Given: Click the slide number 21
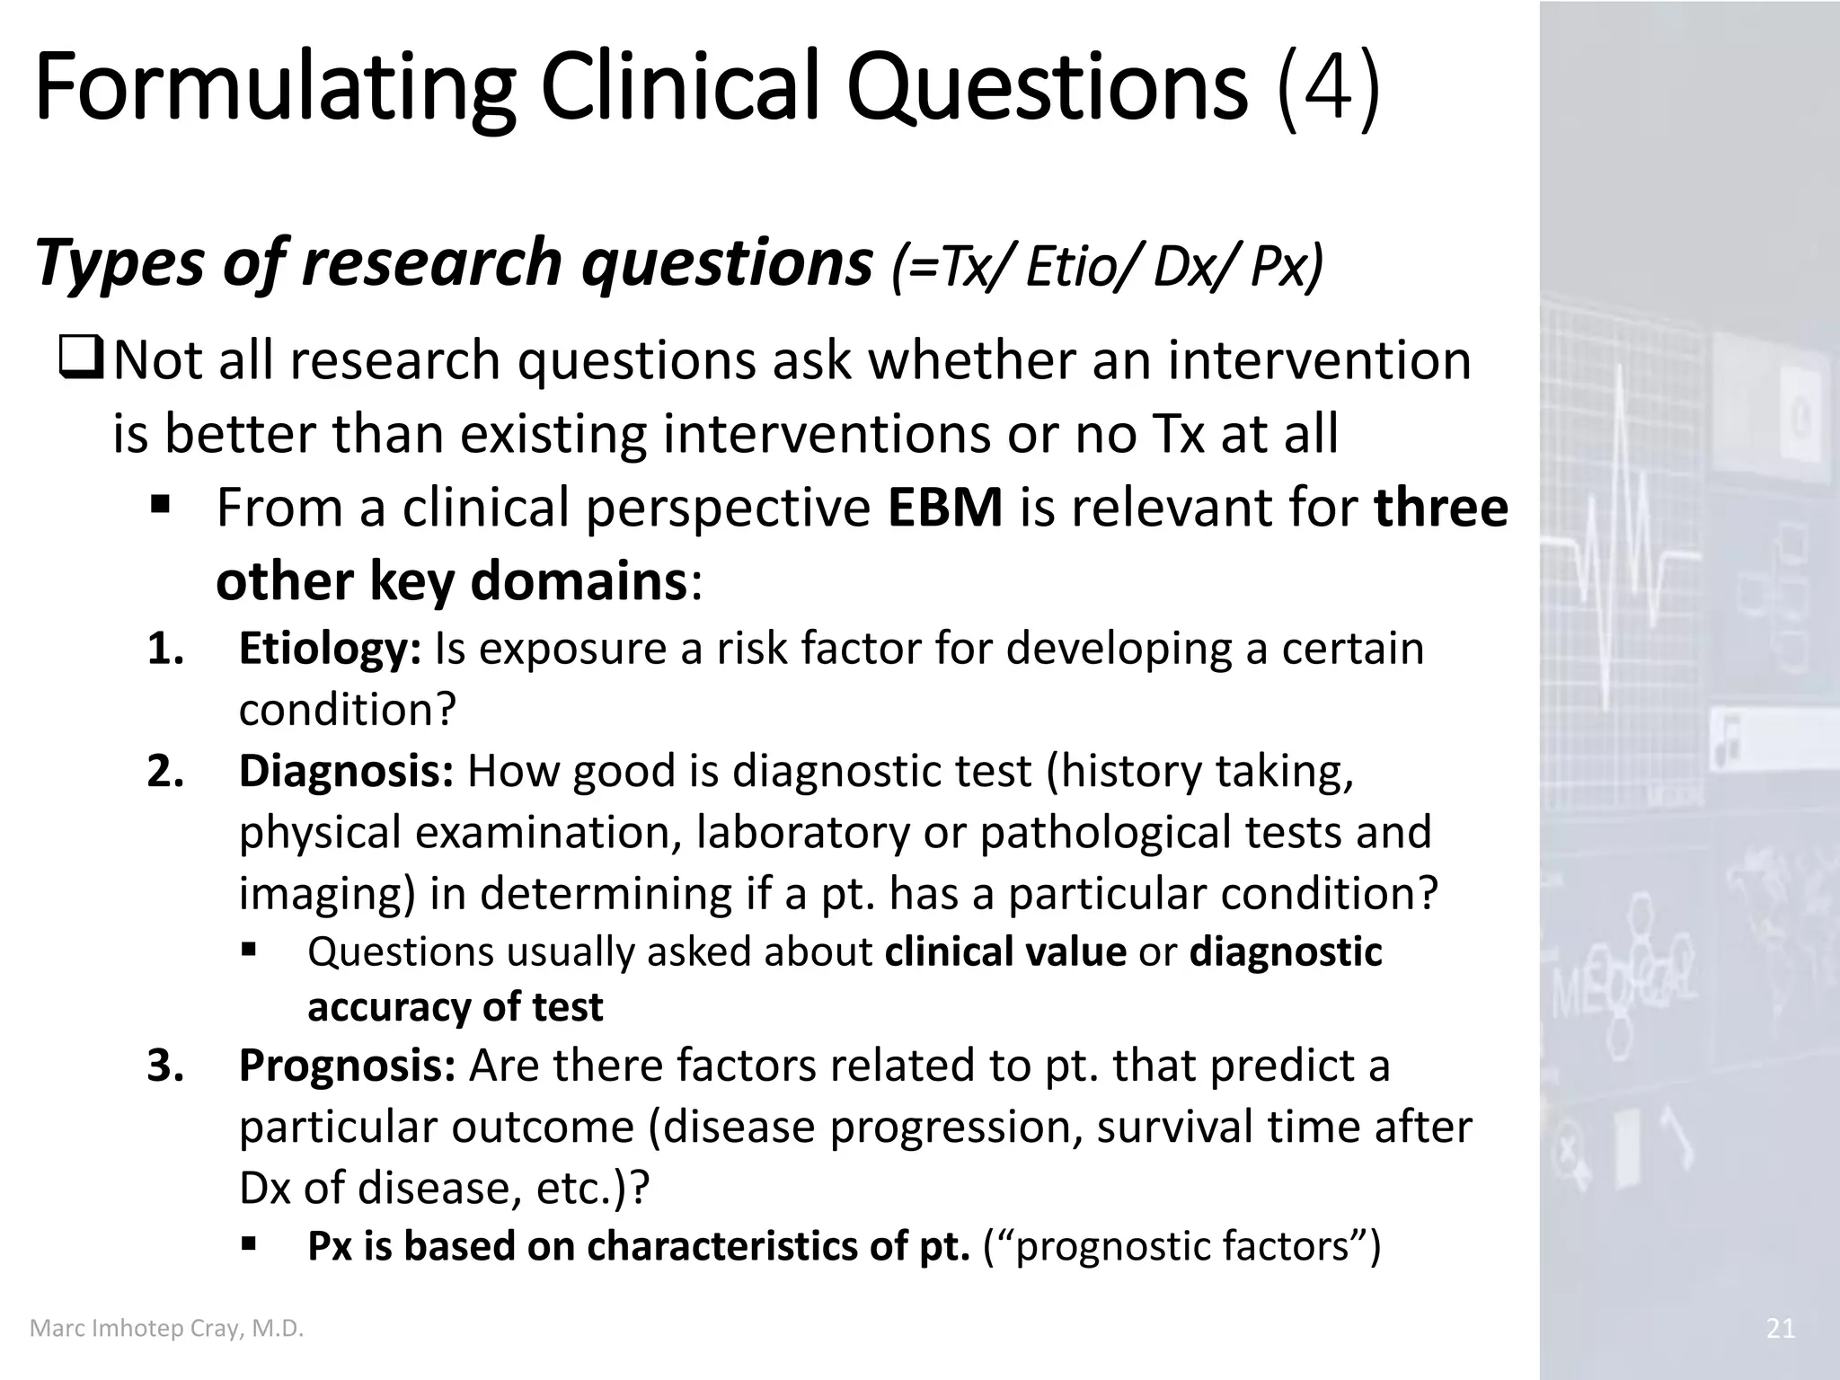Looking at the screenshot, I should coord(1780,1328).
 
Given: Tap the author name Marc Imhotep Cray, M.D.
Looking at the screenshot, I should coord(167,1328).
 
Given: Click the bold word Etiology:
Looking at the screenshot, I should coord(330,649).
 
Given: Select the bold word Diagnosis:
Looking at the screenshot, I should coord(346,771).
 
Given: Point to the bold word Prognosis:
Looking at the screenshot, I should coord(347,1066).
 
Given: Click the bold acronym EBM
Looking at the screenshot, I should coord(945,508).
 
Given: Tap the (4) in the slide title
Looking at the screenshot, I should coord(1328,88).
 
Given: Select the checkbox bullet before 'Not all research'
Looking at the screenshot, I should coord(82,359).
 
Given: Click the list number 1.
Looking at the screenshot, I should coord(165,649).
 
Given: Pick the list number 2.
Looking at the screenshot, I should coord(165,771).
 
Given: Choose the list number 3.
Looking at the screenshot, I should coord(165,1066).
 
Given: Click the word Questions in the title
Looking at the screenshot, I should coord(1047,88).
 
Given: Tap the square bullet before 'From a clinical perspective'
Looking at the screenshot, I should coord(161,505).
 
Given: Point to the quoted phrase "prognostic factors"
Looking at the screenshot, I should coord(1182,1246).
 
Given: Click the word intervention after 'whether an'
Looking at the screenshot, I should coord(1319,359).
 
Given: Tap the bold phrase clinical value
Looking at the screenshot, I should coord(1005,951).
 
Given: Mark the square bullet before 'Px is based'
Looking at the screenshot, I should coord(250,1244).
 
